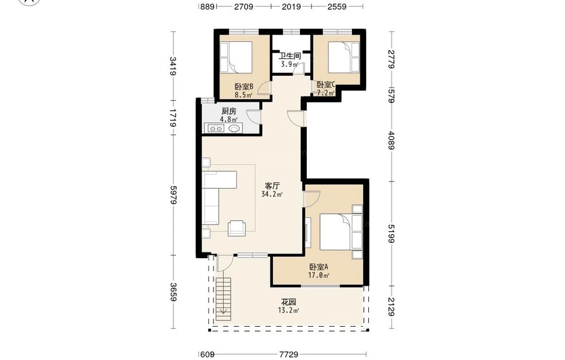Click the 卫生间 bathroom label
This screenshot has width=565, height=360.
pos(290,56)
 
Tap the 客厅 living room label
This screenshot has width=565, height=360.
pos(272,186)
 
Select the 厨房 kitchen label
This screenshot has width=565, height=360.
pos(229,111)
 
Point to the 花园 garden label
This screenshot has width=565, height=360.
pos(289,302)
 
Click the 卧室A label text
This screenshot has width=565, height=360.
pos(319,267)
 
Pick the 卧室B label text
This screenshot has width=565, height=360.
pos(244,87)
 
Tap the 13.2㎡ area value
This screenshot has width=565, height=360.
pos(289,311)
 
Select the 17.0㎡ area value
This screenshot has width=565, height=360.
pos(319,276)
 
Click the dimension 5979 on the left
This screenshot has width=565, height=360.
pos(173,195)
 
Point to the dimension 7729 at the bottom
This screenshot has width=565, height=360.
pos(289,354)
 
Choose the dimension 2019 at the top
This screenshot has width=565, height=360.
pos(291,6)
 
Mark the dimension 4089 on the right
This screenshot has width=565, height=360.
pos(392,140)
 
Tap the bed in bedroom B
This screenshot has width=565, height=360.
pos(236,56)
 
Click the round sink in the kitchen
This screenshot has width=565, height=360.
pos(234,128)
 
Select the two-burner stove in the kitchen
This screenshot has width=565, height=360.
pos(215,128)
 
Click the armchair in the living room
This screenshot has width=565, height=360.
pos(237,228)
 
